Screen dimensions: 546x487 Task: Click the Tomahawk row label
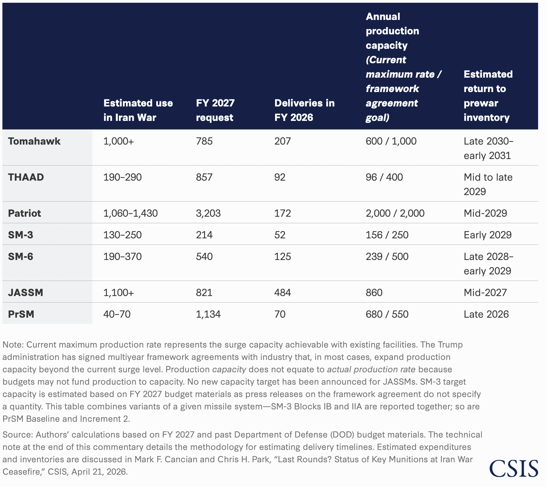(x=34, y=141)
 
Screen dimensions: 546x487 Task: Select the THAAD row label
(x=26, y=177)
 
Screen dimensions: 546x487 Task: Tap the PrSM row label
(x=21, y=314)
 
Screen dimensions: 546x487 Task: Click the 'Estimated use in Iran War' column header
(x=138, y=110)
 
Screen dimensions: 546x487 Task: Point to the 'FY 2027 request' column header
(x=215, y=110)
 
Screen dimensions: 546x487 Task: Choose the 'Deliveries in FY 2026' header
(x=305, y=110)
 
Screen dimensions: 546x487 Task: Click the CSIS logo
(x=514, y=468)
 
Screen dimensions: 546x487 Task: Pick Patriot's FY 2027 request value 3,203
(x=208, y=213)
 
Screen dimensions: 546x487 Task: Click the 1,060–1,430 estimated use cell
(x=130, y=213)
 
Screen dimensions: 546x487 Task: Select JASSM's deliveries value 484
(x=283, y=293)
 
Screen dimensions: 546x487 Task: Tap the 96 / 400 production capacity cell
(x=384, y=177)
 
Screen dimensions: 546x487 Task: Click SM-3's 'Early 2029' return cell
(x=488, y=235)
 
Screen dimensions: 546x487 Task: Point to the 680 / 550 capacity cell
(x=387, y=314)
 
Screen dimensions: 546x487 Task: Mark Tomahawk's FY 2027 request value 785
(x=204, y=141)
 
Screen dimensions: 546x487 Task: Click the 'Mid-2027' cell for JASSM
(x=485, y=293)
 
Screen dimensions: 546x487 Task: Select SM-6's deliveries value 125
(x=283, y=257)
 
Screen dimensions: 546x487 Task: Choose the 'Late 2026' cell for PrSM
(x=486, y=314)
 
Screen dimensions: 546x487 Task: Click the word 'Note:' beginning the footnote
(x=13, y=345)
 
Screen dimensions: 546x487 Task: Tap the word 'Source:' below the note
(x=18, y=435)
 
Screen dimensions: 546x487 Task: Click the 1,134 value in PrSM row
(x=208, y=314)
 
